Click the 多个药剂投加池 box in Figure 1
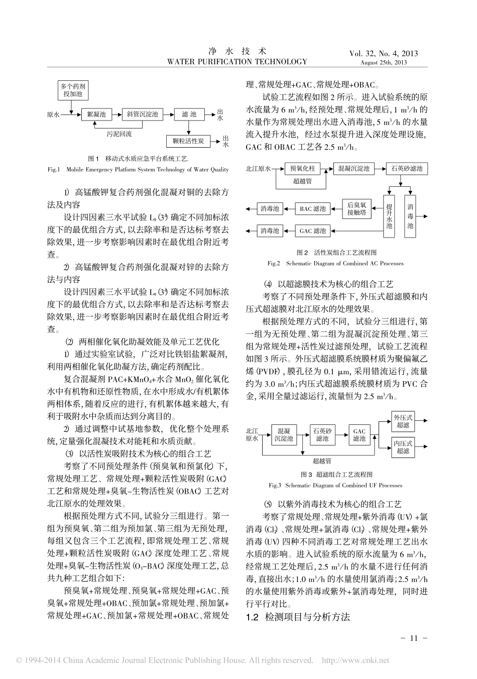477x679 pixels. [72, 90]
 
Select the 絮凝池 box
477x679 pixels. [96, 115]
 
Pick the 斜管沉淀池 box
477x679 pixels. [143, 115]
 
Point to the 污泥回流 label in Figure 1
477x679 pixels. [119, 134]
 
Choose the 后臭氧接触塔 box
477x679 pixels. [357, 208]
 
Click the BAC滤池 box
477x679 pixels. [313, 208]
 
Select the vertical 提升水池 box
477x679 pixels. [389, 216]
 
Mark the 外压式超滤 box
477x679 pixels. [403, 421]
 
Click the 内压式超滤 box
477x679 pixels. [403, 447]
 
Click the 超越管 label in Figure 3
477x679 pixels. [321, 461]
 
